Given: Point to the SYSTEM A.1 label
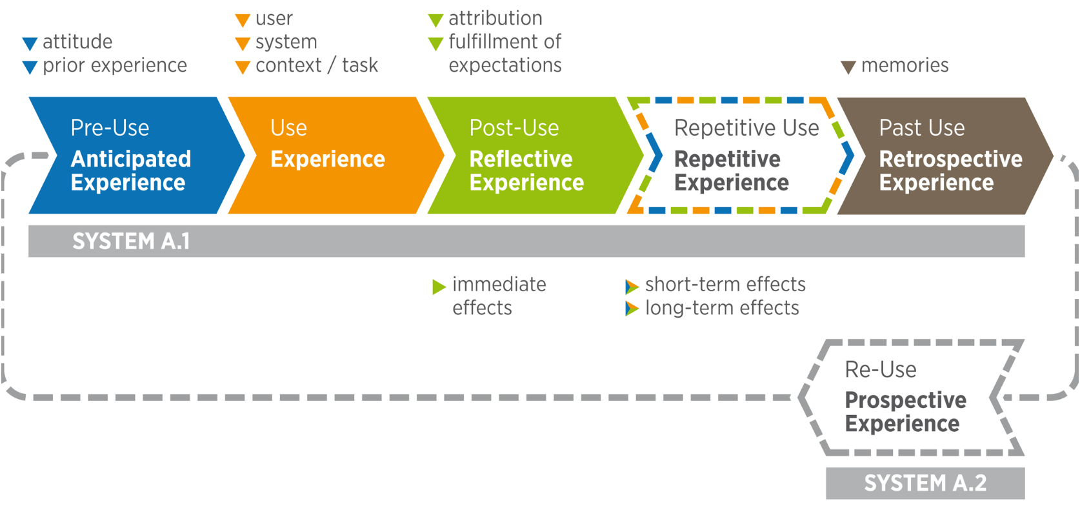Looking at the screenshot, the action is click(131, 241).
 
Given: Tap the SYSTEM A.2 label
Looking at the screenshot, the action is click(925, 483).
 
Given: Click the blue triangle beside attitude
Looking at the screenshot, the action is click(30, 44).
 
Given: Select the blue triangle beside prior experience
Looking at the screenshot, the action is click(30, 68).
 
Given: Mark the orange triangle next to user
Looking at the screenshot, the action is click(243, 20).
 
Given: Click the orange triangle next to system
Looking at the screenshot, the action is click(243, 44).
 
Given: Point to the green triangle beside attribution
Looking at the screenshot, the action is click(436, 20).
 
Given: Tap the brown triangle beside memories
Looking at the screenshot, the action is click(848, 68).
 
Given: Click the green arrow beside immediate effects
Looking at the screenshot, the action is click(439, 287).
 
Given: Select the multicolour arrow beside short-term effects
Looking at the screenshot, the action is click(632, 287).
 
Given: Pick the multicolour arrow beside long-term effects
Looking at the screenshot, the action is click(632, 309).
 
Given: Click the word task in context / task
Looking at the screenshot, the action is click(360, 65).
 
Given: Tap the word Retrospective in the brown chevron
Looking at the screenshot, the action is click(951, 159).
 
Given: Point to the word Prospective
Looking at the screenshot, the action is click(906, 400).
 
